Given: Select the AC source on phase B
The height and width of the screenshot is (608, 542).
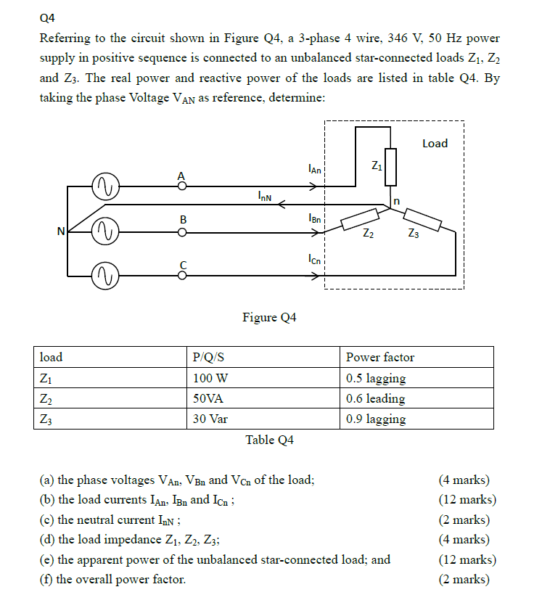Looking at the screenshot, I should tap(106, 231).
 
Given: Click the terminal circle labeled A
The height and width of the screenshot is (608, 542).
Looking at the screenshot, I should tap(182, 186).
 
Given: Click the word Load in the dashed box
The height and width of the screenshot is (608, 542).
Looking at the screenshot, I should tap(435, 144).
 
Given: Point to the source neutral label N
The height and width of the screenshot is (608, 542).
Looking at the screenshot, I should tap(62, 231).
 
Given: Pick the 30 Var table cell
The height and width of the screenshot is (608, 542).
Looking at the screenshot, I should tap(210, 419).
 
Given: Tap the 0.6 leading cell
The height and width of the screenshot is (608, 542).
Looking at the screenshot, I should tap(375, 398).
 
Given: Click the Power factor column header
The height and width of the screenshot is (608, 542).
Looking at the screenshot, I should tap(380, 357).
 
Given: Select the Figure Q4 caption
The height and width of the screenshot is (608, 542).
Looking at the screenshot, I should tap(269, 317).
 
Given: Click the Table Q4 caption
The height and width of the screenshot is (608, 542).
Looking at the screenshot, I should tap(269, 440).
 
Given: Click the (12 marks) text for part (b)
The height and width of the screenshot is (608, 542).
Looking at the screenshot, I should tap(467, 499).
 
